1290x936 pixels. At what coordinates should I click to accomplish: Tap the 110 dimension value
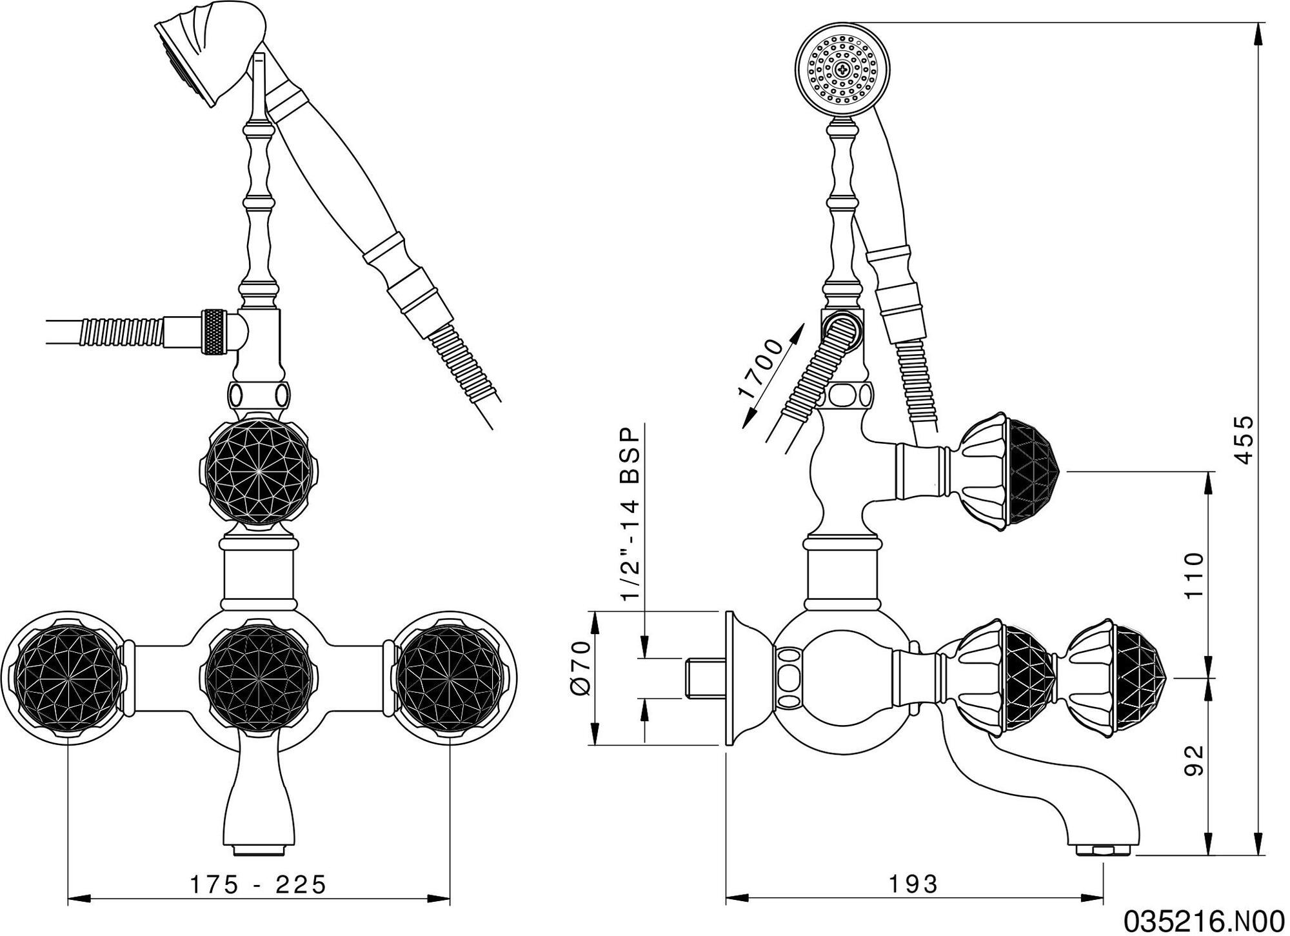1194,575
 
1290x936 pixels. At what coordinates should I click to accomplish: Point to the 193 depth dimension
913,884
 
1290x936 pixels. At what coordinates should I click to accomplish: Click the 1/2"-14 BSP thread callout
629,513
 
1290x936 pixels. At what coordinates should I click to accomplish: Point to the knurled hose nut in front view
215,332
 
